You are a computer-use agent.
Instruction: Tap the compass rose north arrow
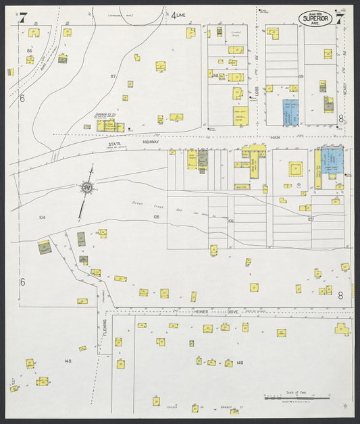coord(86,188)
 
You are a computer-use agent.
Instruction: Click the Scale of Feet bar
coord(297,398)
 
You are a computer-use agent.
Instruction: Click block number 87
coord(114,77)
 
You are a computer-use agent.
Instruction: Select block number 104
coord(42,217)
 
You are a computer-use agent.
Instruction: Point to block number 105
coord(156,217)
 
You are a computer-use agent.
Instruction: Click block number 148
coord(68,361)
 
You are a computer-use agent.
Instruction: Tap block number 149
coord(239,363)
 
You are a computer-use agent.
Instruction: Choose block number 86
coord(30,51)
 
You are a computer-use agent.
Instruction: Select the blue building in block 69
coord(291,112)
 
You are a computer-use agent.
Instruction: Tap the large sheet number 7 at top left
coord(22,18)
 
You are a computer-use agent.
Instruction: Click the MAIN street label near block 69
coord(275,138)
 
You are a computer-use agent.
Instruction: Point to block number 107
coord(311,219)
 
